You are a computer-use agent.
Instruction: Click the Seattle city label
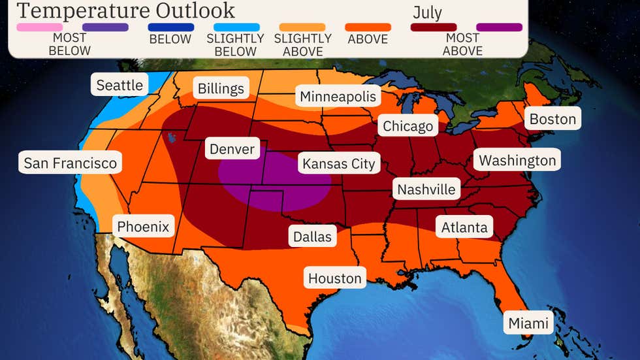coord(120,85)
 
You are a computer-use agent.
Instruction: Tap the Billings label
coord(221,89)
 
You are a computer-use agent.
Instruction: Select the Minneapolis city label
coord(338,97)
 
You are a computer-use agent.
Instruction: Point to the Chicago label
coord(408,126)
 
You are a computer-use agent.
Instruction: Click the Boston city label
coord(552,119)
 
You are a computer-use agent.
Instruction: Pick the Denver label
coord(232,149)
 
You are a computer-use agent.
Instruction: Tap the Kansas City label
coord(338,163)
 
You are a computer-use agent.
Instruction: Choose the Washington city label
coord(517,160)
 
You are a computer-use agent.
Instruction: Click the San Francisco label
coord(70,163)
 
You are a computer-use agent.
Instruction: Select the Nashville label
coord(426,189)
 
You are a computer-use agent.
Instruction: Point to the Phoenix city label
coord(143,227)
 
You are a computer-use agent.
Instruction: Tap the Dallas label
coord(312,236)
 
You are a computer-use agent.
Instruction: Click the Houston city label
coord(334,278)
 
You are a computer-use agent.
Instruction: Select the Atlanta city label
coord(464,227)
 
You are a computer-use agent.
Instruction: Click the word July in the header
coord(427,12)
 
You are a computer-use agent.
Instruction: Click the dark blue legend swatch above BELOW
coord(171,27)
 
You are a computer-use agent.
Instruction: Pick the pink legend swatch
coord(39,27)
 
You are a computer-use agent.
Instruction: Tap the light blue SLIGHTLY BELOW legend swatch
coord(236,27)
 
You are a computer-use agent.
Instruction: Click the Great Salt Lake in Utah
coord(171,138)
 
